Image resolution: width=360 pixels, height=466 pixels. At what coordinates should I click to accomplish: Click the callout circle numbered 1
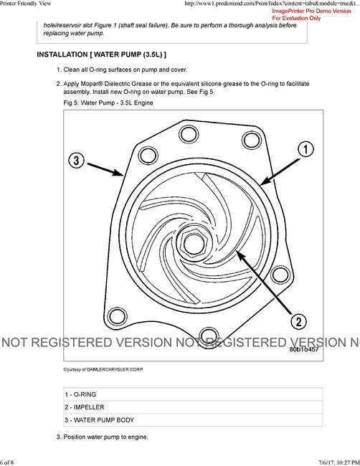point(304,149)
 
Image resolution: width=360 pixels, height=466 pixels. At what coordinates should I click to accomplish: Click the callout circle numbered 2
point(298,321)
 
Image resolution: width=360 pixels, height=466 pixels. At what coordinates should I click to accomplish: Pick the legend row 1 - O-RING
point(80,394)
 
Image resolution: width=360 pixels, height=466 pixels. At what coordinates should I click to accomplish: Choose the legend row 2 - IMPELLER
point(84,407)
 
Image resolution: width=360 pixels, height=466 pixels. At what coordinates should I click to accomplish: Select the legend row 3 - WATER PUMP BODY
point(99,420)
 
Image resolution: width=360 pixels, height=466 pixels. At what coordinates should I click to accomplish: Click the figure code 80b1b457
point(305,350)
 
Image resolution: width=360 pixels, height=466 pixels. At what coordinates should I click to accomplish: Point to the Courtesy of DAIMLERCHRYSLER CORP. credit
point(108,369)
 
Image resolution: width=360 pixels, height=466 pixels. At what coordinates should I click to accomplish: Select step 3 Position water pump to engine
point(105,437)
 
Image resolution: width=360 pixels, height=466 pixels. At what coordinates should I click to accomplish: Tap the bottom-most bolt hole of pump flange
point(208,334)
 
